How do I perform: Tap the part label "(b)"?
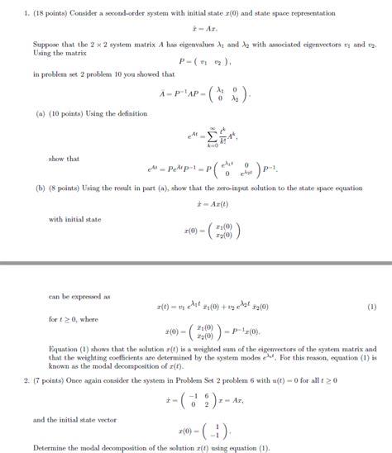click(40, 187)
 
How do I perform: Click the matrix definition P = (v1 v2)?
click(202, 60)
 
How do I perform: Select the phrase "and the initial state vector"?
click(74, 419)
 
